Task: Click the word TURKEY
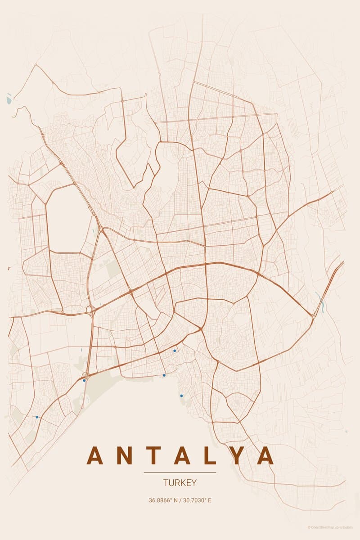point(180,483)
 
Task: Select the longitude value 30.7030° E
point(197,500)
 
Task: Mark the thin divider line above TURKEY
point(180,472)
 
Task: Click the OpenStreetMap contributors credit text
point(330,527)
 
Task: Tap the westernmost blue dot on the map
point(37,417)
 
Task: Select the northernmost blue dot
point(175,351)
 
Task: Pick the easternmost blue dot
point(181,396)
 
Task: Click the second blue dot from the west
point(84,380)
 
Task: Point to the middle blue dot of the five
point(164,375)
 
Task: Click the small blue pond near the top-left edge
point(9,97)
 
